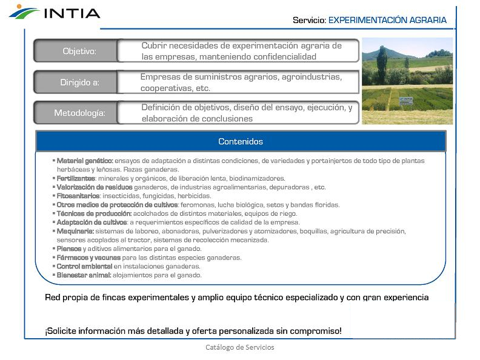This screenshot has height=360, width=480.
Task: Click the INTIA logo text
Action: coord(71,12)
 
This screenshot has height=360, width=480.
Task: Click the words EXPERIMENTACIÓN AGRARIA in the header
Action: coord(387,20)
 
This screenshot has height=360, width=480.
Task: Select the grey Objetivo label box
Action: coord(79,51)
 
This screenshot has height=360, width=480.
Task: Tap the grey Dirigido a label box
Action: coord(79,82)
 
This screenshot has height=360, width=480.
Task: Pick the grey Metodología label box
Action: coord(79,113)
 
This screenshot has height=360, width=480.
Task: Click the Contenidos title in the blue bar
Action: coord(241,141)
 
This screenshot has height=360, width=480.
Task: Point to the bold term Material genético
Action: coord(85,161)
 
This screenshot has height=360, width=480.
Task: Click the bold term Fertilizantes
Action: coord(76,178)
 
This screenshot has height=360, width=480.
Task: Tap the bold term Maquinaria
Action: coord(75,231)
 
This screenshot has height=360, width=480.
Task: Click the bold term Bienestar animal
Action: coord(84,275)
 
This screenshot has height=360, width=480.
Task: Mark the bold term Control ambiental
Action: coord(84,266)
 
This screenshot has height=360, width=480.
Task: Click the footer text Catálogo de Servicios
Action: coord(240,347)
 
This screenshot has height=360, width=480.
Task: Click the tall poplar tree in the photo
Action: coord(382,64)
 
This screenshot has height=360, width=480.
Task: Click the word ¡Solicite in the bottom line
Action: coord(62,331)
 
